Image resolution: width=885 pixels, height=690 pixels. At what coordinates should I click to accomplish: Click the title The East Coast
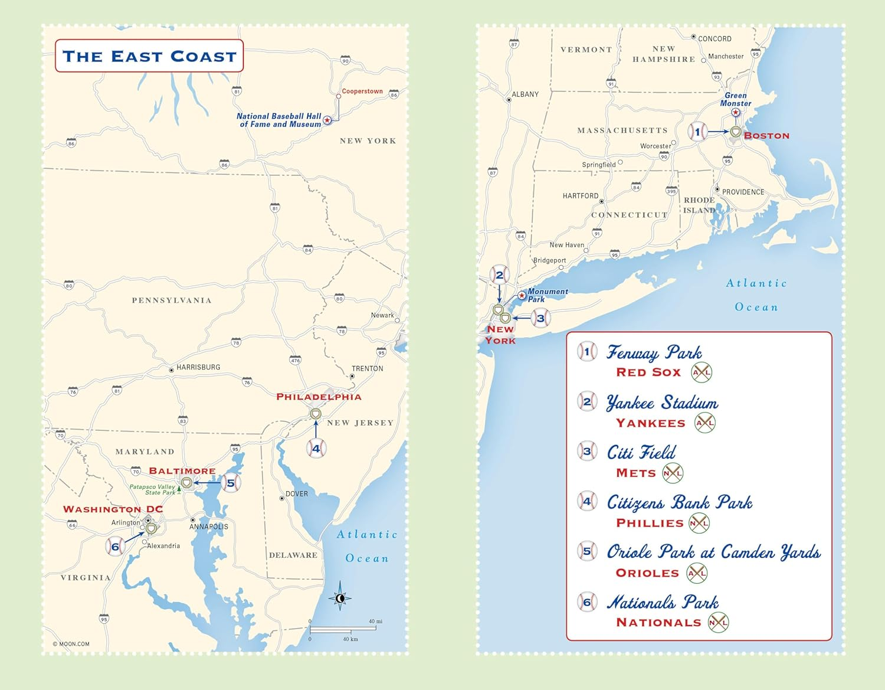[149, 56]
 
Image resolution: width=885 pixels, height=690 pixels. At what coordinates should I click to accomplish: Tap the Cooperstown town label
[362, 91]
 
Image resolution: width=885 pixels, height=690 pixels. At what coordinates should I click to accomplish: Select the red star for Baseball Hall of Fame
[327, 120]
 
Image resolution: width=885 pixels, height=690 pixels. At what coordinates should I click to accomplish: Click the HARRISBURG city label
[198, 367]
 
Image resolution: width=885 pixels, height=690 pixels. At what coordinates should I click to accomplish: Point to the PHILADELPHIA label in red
[319, 397]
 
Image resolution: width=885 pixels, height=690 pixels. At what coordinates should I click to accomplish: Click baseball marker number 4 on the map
[316, 449]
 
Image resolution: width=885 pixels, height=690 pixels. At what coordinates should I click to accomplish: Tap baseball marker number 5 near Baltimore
[231, 483]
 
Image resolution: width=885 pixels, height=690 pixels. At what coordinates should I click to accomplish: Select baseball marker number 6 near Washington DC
[115, 546]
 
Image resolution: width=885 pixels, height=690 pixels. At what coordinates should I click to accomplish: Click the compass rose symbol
[340, 599]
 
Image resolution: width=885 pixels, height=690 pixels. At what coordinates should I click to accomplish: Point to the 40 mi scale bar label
[375, 622]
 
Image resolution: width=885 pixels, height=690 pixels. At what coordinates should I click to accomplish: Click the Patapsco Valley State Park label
[153, 489]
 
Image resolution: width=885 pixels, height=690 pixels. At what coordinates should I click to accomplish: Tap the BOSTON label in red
[766, 136]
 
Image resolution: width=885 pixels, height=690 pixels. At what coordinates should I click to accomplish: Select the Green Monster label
[735, 99]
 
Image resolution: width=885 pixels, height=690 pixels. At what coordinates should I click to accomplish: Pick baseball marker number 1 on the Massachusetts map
[697, 132]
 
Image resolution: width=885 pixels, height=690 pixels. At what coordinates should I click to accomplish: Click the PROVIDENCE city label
[743, 192]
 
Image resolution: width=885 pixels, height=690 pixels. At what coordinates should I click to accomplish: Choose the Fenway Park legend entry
[654, 353]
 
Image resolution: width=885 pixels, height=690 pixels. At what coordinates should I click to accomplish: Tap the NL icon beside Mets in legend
[673, 473]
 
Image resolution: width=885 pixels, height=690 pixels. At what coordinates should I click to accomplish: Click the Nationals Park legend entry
[663, 603]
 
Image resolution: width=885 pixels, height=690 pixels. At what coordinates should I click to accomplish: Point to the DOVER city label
[296, 494]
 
